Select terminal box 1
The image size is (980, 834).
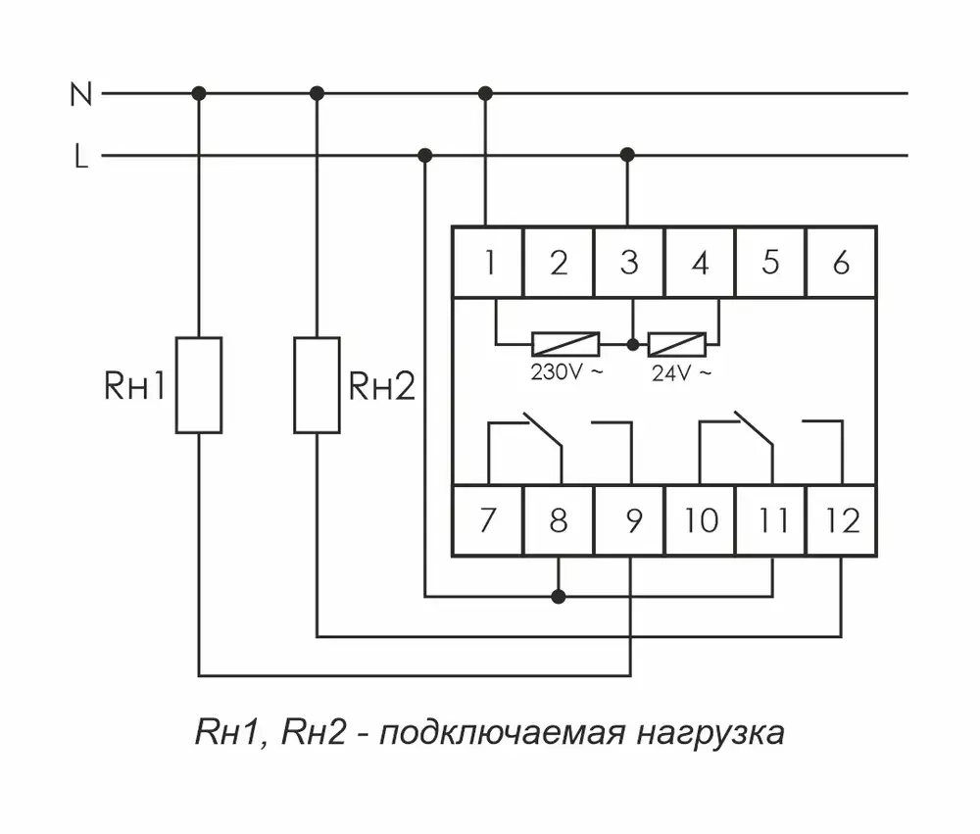[487, 263]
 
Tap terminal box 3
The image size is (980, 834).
[629, 263]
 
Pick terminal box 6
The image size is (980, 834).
[841, 263]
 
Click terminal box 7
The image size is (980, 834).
[487, 520]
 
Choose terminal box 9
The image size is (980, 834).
[629, 520]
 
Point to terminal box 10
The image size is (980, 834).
[701, 520]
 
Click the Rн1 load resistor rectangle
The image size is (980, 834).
[199, 384]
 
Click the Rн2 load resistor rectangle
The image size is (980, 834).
[317, 384]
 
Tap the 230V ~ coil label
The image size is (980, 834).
[563, 372]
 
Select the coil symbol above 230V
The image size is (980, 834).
[565, 344]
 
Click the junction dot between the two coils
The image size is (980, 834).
[632, 345]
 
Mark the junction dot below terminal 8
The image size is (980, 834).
[559, 595]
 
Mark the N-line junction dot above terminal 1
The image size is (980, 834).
[485, 93]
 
